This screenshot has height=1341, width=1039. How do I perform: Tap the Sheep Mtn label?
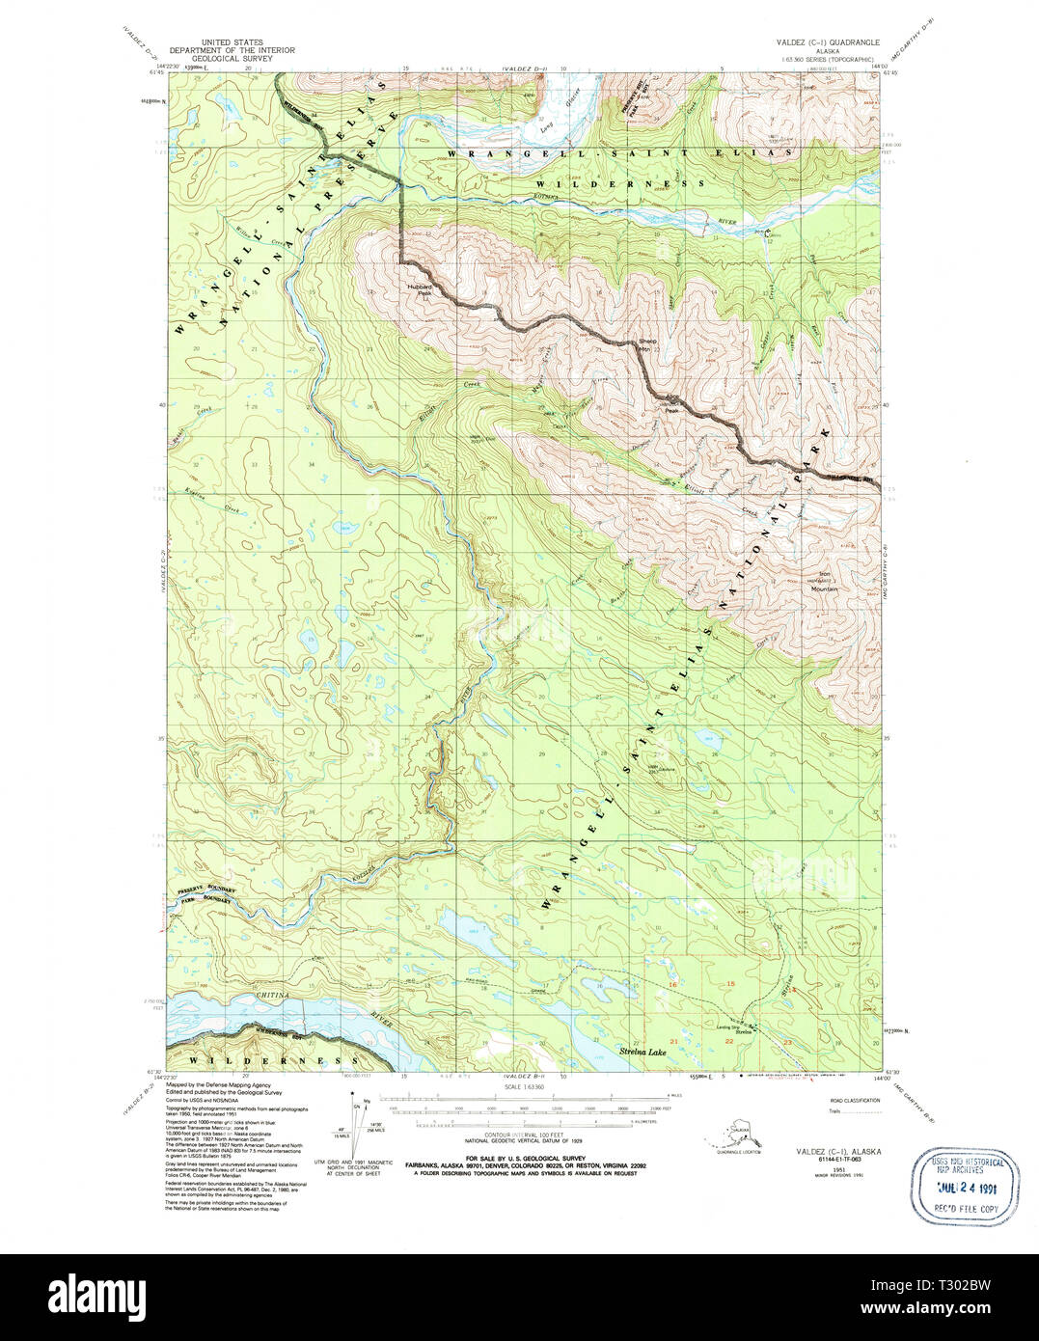coord(646,344)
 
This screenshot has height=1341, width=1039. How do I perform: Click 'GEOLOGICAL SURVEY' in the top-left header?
coord(232,59)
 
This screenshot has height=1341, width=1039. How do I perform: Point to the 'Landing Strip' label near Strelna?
coord(728,1026)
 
